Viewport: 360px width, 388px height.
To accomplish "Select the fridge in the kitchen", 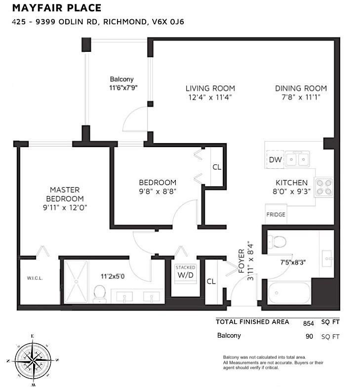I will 276,215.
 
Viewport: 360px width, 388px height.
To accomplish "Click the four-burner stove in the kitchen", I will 324,186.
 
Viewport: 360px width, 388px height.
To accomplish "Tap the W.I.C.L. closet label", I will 35,278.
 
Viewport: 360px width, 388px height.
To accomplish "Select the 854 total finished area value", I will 309,323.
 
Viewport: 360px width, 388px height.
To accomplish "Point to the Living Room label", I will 210,88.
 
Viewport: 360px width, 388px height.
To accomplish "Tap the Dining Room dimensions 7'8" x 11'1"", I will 301,97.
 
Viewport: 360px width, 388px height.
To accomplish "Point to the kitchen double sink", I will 298,159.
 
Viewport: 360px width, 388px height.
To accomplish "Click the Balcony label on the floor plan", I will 121,79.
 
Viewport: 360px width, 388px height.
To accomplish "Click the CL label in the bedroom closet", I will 217,167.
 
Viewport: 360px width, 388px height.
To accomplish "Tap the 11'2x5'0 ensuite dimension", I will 113,276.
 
